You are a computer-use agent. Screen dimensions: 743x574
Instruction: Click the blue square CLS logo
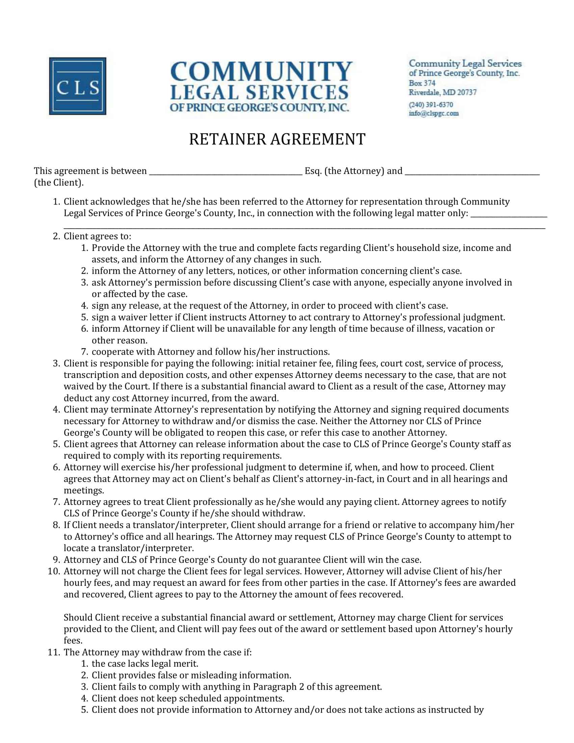coord(78,86)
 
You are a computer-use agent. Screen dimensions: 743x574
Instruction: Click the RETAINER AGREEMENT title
coord(277,139)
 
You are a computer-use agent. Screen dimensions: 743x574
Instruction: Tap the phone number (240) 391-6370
coord(430,104)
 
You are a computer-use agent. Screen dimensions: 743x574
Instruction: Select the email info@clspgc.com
coord(434,113)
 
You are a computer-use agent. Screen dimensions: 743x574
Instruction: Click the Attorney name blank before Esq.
coord(226,172)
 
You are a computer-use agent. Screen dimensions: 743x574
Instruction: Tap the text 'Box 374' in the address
coord(422,83)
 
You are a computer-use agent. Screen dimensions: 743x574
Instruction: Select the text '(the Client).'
coord(58,183)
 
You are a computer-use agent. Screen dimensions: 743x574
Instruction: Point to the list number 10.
coord(54,571)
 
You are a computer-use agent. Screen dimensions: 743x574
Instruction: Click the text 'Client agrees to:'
coord(97,236)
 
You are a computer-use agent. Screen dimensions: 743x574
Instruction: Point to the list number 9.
coord(56,560)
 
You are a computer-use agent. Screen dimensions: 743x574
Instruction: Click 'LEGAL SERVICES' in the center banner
coord(259,93)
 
